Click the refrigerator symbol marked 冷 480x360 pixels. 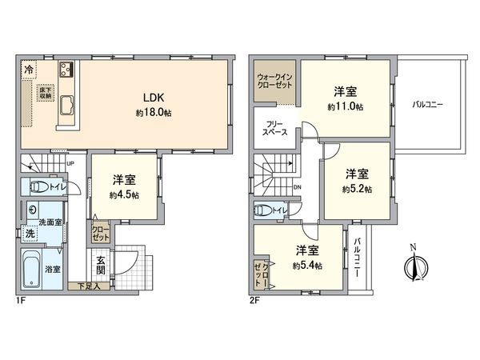pos(29,69)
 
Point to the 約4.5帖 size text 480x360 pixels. pos(125,194)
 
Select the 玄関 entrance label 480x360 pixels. pos(102,265)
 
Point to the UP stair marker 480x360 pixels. pos(71,164)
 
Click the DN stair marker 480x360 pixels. pos(297,188)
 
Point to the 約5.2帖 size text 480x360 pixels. pos(356,190)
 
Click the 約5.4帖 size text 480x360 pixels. pos(307,266)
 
